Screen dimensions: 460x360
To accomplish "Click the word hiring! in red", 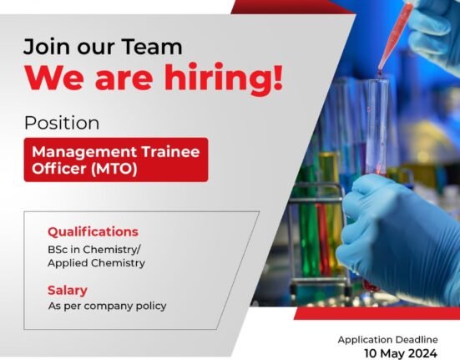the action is pyautogui.click(x=223, y=78).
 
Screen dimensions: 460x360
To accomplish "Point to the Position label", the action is pyautogui.click(x=62, y=123).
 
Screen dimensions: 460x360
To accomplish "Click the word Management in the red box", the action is pyautogui.click(x=84, y=152).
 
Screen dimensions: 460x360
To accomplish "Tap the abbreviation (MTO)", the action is pyautogui.click(x=114, y=169).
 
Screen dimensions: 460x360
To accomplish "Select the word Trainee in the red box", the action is pyautogui.click(x=170, y=152).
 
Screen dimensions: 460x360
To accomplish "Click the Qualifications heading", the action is pyautogui.click(x=93, y=232).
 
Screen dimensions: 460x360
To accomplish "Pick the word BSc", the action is pyautogui.click(x=58, y=250).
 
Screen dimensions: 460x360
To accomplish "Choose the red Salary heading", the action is pyautogui.click(x=68, y=291).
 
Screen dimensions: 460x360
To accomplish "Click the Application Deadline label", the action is pyautogui.click(x=388, y=340).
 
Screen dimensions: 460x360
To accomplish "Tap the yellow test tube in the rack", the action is pyautogui.click(x=329, y=205).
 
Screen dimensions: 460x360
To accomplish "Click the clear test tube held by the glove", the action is pyautogui.click(x=377, y=126).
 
